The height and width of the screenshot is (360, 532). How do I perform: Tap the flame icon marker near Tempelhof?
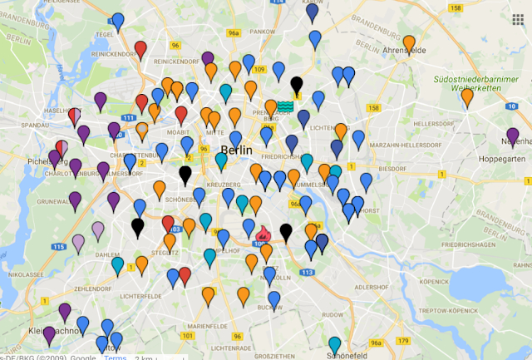click(264, 234)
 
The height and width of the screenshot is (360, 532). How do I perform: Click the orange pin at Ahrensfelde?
click(409, 43)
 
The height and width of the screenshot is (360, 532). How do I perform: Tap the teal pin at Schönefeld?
click(334, 344)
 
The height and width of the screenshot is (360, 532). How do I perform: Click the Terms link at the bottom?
click(115, 356)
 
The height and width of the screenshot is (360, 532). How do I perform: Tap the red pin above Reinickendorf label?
click(140, 47)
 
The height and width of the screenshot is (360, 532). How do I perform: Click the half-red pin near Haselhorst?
click(74, 116)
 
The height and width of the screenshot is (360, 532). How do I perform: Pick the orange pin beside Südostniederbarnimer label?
click(467, 96)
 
